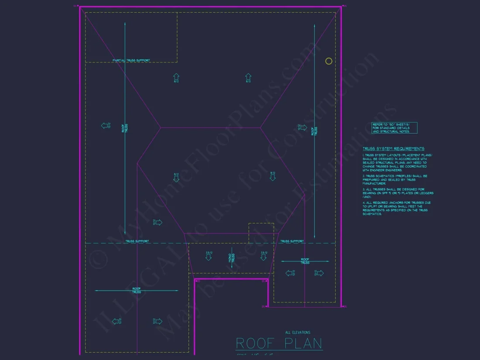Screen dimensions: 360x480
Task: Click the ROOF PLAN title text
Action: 279,343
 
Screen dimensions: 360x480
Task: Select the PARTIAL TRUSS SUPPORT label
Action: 131,60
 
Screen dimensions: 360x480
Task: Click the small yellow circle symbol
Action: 329,61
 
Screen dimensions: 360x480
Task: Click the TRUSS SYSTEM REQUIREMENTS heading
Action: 393,149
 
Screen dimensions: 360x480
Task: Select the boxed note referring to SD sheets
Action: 394,128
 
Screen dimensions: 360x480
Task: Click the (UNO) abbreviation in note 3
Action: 367,196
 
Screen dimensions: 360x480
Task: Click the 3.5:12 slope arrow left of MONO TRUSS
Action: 209,255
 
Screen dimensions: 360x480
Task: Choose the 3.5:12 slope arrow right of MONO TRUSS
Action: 264,255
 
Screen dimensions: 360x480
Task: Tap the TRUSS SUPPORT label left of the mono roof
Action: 137,241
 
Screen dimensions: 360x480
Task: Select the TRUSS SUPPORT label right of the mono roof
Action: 291,241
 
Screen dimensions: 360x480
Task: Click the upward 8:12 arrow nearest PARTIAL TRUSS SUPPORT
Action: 176,78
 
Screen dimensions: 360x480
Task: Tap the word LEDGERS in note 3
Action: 426,193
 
